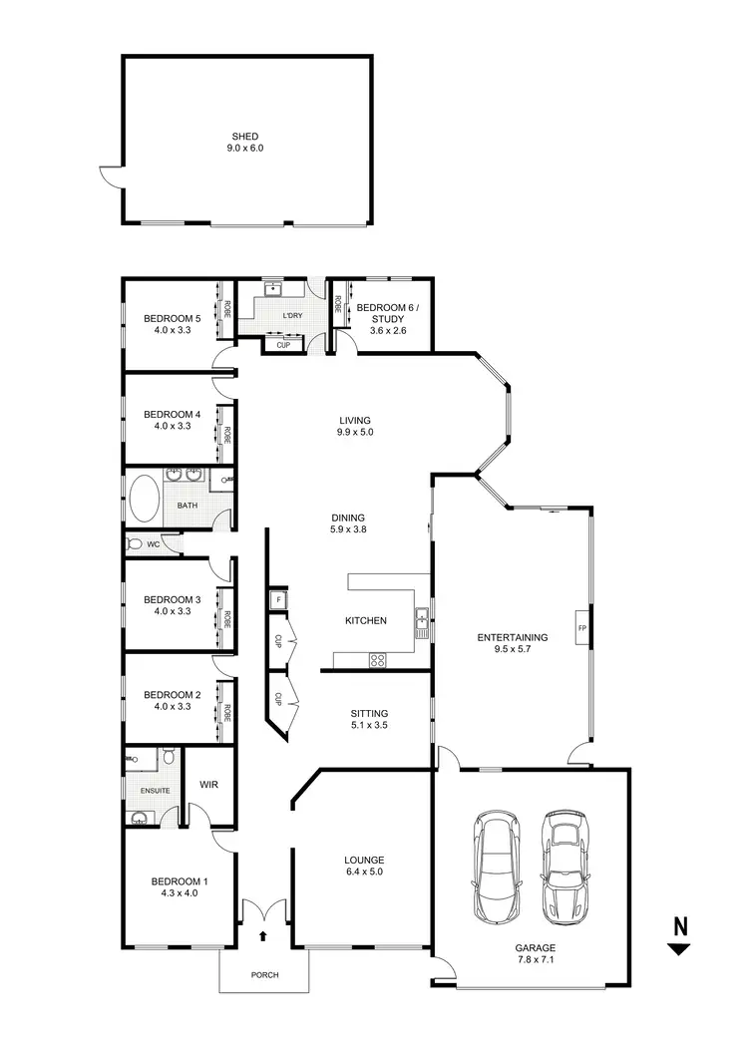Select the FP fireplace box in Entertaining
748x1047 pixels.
point(580,628)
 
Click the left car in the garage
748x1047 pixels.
point(497,868)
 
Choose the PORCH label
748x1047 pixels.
point(263,974)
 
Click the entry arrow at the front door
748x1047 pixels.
point(263,935)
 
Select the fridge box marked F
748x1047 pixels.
point(277,600)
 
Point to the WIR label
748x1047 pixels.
point(209,784)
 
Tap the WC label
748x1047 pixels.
point(154,544)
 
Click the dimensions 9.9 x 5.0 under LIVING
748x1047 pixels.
point(355,432)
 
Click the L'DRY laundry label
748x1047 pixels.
point(292,316)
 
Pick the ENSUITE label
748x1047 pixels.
point(155,791)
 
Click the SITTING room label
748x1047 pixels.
point(369,713)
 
